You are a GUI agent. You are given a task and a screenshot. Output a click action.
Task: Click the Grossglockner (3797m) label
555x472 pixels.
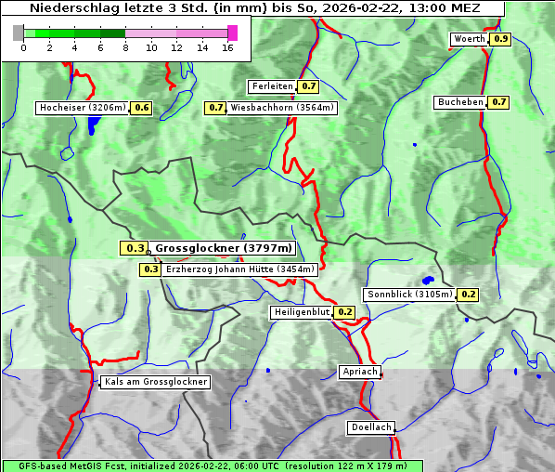coord(223,248)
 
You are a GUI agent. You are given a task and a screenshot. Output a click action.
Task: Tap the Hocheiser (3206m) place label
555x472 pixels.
coord(82,108)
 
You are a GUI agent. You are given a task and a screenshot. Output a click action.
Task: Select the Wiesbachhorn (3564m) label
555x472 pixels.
coord(283,108)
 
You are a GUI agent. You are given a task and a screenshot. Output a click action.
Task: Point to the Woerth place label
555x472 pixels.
coord(469,39)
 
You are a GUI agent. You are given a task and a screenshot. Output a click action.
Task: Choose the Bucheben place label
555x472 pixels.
coord(460,102)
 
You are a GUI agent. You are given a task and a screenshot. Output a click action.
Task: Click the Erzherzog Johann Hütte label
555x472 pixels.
coord(240,269)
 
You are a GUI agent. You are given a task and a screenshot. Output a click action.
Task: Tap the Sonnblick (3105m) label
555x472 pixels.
coord(409,295)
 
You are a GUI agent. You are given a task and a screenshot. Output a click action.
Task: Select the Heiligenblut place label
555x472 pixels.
coord(301,312)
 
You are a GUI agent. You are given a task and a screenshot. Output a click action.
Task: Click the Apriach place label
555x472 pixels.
coord(359,372)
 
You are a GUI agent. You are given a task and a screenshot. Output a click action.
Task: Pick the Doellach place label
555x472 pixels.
coord(371,428)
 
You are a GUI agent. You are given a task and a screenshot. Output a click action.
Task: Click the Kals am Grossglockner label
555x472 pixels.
coord(155,382)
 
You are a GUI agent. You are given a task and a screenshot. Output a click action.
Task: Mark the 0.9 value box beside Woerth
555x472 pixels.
coord(501,39)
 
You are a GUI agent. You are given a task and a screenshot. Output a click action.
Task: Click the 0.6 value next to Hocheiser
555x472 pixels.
coord(142,108)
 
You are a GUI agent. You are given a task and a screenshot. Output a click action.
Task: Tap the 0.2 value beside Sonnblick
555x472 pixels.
coord(469,295)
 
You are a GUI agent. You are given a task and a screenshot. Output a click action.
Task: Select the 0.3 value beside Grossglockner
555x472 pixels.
coord(136,248)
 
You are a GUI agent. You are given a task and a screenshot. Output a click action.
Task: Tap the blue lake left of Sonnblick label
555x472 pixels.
coord(428,280)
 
